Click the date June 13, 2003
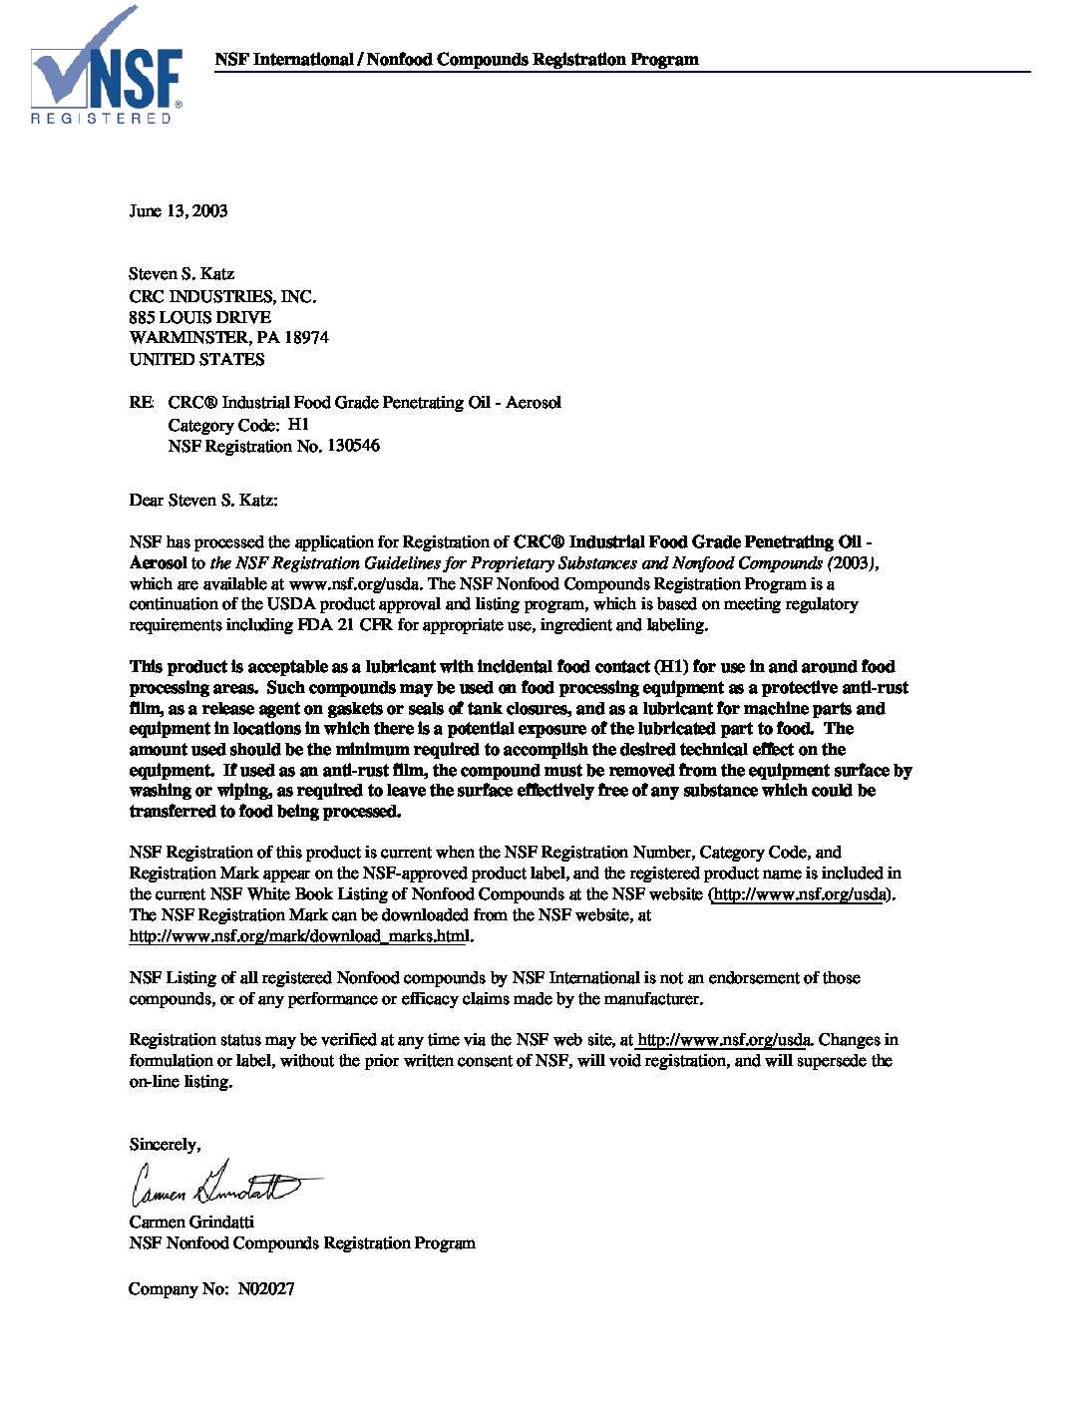(179, 211)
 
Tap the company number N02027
(266, 1289)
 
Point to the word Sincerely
(165, 1145)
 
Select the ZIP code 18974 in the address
(306, 338)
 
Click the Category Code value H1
(299, 425)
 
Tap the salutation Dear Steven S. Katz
(203, 500)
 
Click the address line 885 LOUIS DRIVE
(199, 317)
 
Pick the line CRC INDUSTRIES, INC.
(222, 296)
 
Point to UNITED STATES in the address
(196, 359)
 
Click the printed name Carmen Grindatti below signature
(191, 1223)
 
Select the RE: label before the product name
(142, 403)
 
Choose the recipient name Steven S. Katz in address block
(181, 274)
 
